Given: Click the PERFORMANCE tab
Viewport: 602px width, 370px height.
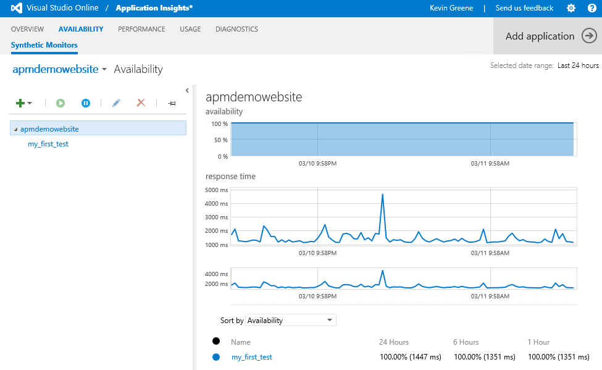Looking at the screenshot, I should (x=141, y=29).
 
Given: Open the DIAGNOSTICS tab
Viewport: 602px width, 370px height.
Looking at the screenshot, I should (x=236, y=29).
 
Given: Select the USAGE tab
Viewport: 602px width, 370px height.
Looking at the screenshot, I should (x=190, y=29).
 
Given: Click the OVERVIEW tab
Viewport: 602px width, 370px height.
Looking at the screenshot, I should (x=27, y=29).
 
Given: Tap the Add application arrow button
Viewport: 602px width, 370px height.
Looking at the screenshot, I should (x=589, y=36).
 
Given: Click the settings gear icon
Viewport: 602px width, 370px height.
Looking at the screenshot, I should (x=571, y=8).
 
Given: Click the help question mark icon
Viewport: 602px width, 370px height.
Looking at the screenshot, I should (x=592, y=8).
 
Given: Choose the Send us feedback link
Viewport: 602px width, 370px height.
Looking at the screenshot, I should (x=524, y=8).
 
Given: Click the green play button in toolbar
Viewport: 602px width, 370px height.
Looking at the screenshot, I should (x=61, y=103).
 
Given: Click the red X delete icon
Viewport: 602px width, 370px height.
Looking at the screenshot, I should (x=141, y=103).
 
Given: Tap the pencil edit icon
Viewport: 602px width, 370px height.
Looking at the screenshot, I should (x=116, y=103).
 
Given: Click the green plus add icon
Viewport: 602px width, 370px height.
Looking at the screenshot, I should (x=20, y=103).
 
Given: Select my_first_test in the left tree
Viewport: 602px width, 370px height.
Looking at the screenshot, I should (x=48, y=144).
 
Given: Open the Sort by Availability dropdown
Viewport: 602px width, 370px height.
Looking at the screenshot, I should (x=291, y=321).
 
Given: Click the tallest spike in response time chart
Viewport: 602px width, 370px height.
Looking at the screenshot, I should (x=383, y=195).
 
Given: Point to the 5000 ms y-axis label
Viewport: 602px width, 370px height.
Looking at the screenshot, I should (x=216, y=190).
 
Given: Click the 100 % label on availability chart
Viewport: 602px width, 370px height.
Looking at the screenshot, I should (x=220, y=124).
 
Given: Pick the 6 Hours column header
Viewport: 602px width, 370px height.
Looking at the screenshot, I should (x=466, y=342).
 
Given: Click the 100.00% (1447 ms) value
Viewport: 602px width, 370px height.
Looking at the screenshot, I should (x=410, y=357).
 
